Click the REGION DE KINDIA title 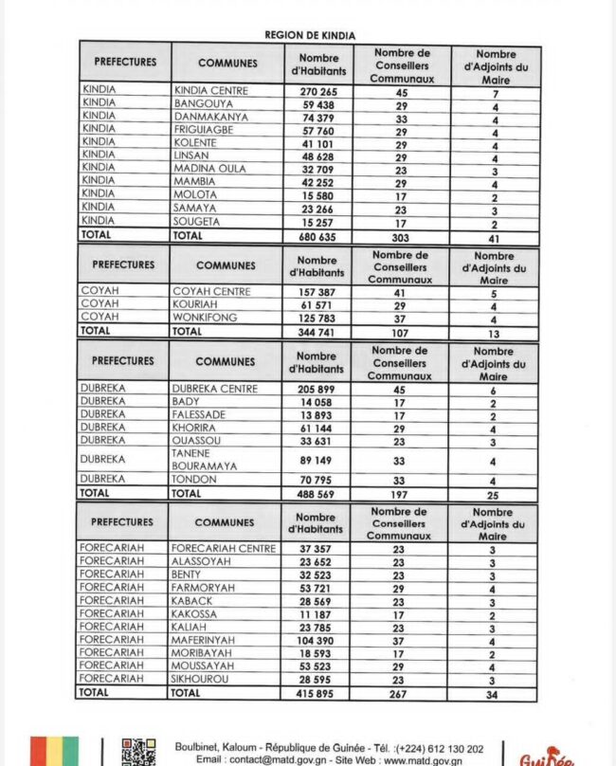point(310,35)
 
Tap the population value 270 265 point(317,92)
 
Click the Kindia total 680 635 point(317,237)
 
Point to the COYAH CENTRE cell point(211,292)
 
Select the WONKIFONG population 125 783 point(317,319)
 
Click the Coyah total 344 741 point(317,333)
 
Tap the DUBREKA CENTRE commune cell point(214,389)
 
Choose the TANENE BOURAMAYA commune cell point(205,460)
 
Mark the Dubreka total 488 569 point(317,494)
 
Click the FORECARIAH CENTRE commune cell point(224,548)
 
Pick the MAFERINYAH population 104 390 point(317,641)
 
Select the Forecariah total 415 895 point(317,694)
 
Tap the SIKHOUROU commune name point(198,680)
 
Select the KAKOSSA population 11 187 point(317,614)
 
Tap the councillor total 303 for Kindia point(402,238)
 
